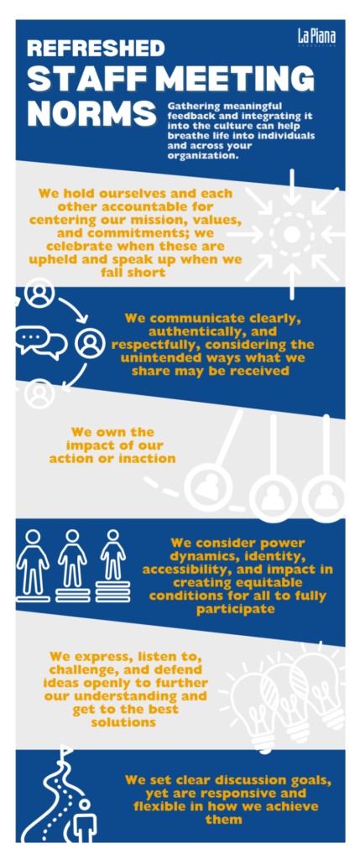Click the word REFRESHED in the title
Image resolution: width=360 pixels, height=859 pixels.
pyautogui.click(x=96, y=48)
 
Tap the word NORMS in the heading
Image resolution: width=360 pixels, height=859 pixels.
pyautogui.click(x=91, y=112)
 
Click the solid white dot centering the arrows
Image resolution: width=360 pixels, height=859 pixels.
pyautogui.click(x=292, y=235)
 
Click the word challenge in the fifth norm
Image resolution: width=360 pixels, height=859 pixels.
pyautogui.click(x=81, y=670)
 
